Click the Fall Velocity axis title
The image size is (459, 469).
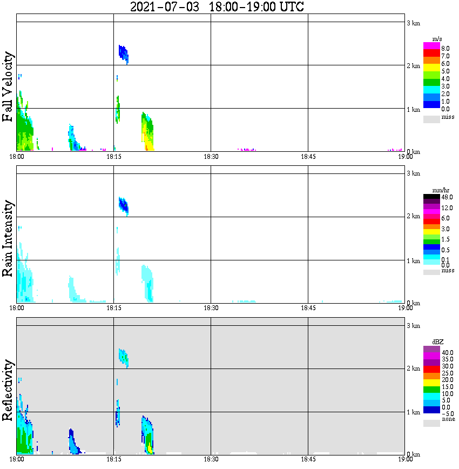8,88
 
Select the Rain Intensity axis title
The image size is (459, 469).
8,238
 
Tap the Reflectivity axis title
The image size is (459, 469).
8,392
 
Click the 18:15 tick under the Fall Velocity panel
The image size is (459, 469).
113,157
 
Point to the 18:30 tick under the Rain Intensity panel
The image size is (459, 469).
211,308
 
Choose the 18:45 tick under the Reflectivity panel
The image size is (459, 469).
308,460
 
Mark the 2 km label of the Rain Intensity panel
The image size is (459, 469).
413,217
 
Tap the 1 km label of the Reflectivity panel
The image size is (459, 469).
413,412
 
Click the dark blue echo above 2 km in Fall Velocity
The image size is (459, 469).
124,53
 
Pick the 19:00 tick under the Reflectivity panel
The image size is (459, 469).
405,460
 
